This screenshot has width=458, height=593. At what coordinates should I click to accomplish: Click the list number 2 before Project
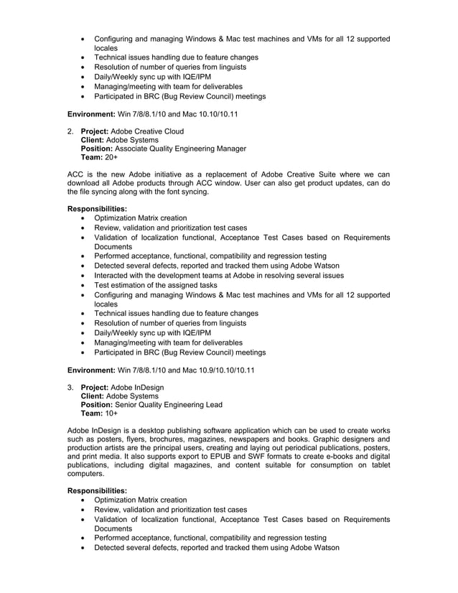click(x=70, y=131)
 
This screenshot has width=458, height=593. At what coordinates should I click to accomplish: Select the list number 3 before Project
click(x=70, y=388)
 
